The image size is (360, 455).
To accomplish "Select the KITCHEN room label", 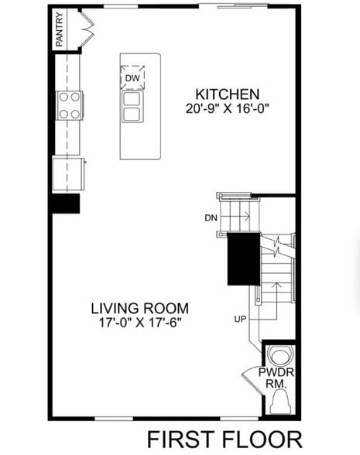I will click(227, 94).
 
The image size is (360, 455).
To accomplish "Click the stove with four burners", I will click(70, 105).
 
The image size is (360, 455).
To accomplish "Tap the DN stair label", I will click(211, 218).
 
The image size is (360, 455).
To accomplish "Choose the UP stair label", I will click(241, 318).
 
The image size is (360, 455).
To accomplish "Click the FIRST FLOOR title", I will click(225, 439).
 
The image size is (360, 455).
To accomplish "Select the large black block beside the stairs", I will click(242, 259).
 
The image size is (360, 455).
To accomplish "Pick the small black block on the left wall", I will click(65, 204).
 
